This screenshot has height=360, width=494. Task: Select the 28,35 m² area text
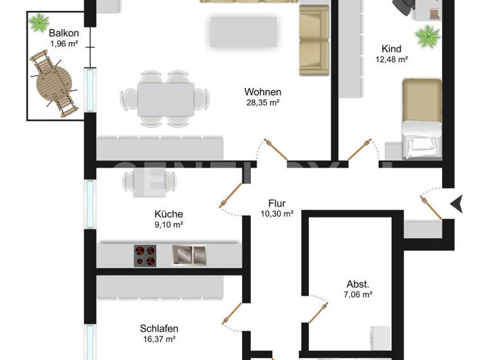262,102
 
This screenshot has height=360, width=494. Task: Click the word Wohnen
262,92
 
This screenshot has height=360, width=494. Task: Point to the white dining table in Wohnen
165,98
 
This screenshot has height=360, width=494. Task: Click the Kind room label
391,49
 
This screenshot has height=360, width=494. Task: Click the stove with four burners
146,256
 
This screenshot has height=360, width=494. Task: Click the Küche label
169,214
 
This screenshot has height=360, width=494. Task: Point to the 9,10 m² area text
169,225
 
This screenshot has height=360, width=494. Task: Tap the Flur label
277,204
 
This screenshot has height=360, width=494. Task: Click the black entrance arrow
457,204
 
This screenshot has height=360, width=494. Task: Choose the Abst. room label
358,284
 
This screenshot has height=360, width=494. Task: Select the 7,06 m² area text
358,295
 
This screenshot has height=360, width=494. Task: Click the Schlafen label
159,328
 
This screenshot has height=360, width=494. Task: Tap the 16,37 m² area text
159,339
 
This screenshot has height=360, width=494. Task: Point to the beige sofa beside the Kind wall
314,40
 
